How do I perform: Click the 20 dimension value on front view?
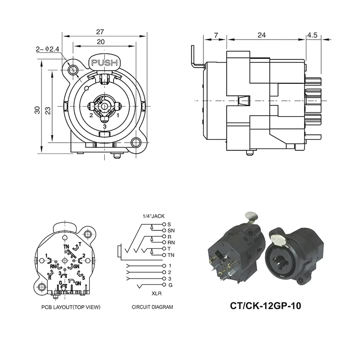pyautogui.click(x=100, y=41)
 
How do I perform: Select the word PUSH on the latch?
pyautogui.click(x=104, y=63)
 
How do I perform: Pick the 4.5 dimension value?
pyautogui.click(x=313, y=35)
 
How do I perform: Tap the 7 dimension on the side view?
pyautogui.click(x=216, y=35)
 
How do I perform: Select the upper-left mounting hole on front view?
pyautogui.click(x=73, y=69)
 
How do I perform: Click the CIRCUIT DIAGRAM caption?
pyautogui.click(x=152, y=307)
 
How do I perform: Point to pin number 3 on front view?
pyautogui.click(x=104, y=126)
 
